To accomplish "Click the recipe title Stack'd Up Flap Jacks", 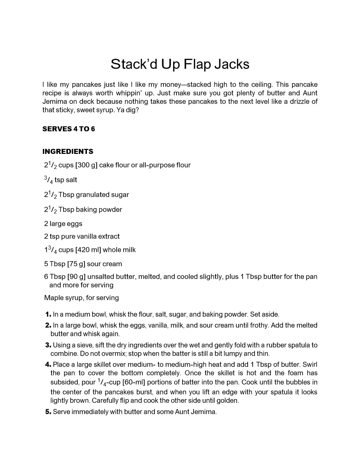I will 180,64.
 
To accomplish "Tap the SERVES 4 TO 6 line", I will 69,129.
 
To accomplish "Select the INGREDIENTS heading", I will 68,152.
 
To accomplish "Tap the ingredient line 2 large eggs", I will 63,224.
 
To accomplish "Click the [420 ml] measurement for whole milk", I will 88,250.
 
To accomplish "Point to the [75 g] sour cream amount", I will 76,264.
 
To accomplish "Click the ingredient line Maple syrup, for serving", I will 82,298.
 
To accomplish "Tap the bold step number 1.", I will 48,314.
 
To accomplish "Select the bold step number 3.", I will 48,345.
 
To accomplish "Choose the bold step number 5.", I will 48,412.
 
